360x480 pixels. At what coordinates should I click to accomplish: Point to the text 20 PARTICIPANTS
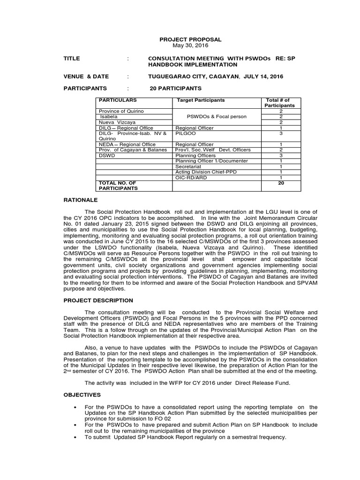click(x=176, y=88)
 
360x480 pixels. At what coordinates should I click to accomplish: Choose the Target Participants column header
click(x=201, y=100)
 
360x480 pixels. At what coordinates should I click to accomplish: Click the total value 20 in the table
click(x=281, y=183)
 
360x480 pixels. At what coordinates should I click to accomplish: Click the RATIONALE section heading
click(x=80, y=200)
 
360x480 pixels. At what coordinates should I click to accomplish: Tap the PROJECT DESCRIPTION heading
click(x=98, y=300)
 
